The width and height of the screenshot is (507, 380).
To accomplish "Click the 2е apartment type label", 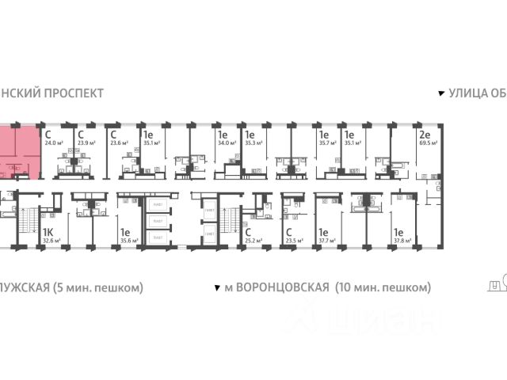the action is point(425,134).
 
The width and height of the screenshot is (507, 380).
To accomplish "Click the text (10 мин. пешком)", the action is point(383,286).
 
